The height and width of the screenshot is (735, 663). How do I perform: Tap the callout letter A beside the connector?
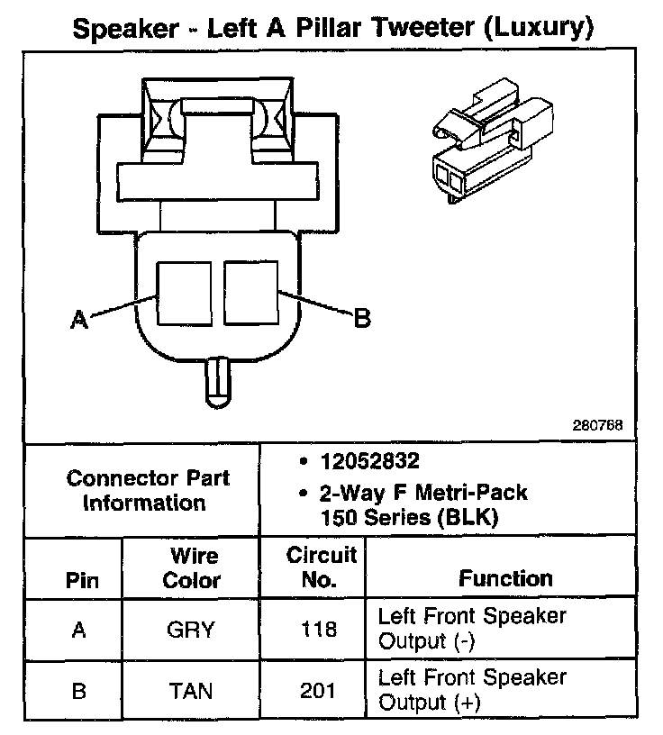coord(80,319)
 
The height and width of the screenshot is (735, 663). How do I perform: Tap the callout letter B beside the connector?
coord(361,317)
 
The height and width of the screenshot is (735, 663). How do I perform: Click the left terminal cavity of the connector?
coord(185,293)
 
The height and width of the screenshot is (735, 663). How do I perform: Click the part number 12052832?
coord(370,462)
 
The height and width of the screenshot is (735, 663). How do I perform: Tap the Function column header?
coord(505,577)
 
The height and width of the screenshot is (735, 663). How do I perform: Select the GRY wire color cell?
coord(191,629)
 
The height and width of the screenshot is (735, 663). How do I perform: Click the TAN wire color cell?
coord(191,690)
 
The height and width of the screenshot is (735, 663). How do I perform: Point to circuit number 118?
coord(321,629)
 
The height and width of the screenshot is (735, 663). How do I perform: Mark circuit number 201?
coord(321,690)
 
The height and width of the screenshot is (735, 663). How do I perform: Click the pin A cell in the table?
coord(78,629)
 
